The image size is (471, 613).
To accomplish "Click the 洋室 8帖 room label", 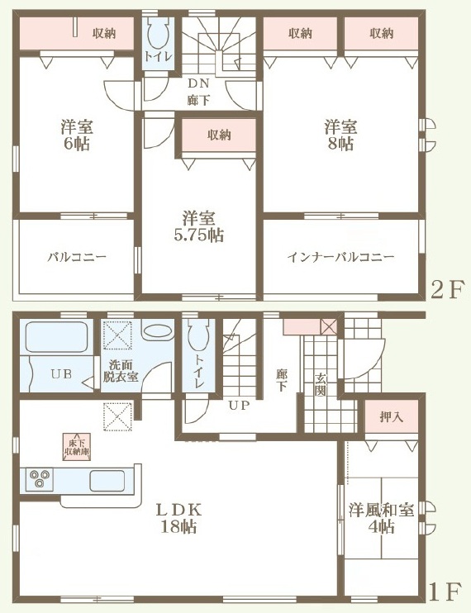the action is coord(340,135).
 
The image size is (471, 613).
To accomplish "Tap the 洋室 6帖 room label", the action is coord(77,135).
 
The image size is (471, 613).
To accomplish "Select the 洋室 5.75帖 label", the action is coord(199,226).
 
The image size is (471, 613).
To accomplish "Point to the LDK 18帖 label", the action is coord(178,519).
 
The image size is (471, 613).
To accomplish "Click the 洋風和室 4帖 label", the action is coord(381,519).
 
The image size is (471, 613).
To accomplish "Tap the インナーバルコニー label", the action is coord(340,257).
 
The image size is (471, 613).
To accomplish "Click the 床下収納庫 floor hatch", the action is coord(77,446).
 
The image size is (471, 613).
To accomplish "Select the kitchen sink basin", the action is coord(107,481).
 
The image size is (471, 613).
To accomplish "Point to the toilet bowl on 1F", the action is coord(198,335).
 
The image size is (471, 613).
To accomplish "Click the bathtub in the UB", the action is coord(56,337).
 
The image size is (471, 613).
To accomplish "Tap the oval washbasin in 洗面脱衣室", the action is coord(158,333).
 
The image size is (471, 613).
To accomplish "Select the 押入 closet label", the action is coord(392,417).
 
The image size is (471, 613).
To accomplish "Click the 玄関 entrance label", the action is coord(321,385).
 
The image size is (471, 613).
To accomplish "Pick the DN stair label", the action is coord(198,83).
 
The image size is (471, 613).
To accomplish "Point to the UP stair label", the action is coord(239,406).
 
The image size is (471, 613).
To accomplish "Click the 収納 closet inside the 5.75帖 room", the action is coord(219,135).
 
